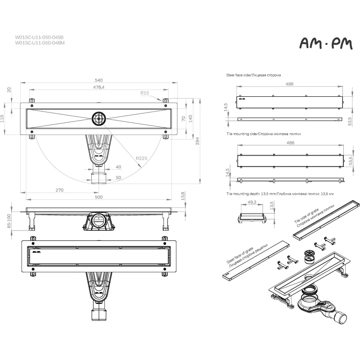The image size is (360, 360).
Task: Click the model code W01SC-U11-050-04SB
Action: point(39,37)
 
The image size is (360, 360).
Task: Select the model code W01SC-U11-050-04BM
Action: point(40,43)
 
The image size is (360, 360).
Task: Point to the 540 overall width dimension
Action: point(99,80)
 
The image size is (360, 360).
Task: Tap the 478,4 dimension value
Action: point(99,87)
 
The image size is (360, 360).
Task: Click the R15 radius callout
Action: point(144,93)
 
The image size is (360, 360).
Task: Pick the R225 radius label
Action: point(141,158)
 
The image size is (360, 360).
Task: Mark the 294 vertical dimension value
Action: point(197,141)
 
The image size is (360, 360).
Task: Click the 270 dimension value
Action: point(59,190)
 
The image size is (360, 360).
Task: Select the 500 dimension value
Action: point(99,197)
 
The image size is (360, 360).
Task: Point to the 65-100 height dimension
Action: point(9,221)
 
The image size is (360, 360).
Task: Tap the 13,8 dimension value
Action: point(183,196)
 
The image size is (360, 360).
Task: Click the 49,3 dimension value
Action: point(252,202)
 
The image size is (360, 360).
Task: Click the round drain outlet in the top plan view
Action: point(99,118)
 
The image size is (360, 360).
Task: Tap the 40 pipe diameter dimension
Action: point(118,167)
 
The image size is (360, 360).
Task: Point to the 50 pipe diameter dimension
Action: point(118,177)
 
